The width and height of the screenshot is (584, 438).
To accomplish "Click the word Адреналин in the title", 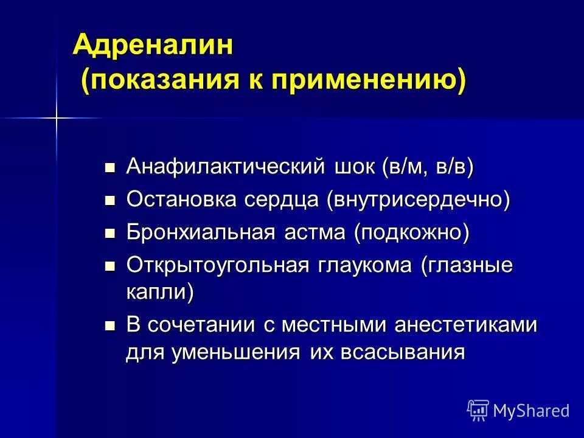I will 153,46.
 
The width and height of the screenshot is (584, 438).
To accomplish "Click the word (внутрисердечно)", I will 418,200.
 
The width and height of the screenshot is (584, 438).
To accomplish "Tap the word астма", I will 316,232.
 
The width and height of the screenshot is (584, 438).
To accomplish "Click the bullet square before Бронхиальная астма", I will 110,233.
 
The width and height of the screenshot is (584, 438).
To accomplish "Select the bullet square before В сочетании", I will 110,325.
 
